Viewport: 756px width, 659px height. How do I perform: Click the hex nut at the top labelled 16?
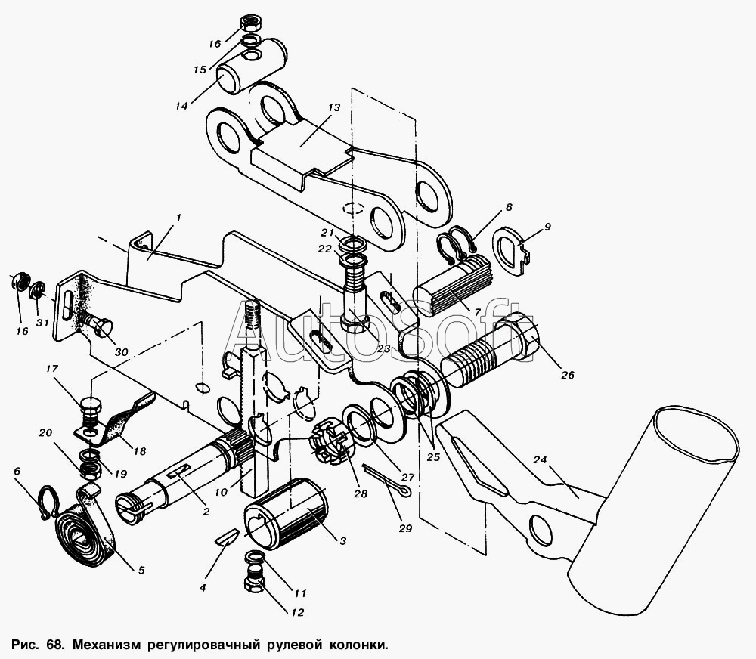pos(250,23)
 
